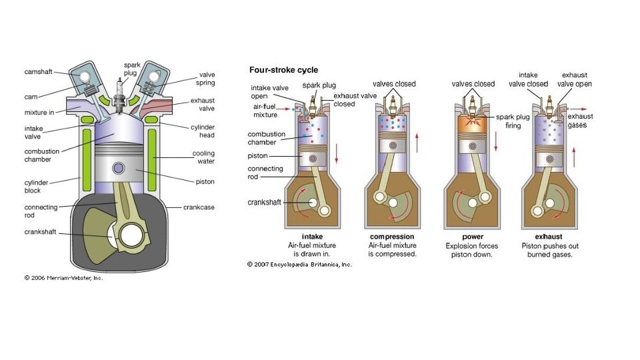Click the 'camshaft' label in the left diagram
(x=39, y=72)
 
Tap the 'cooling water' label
(x=203, y=157)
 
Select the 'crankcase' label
(x=199, y=207)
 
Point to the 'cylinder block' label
(x=38, y=186)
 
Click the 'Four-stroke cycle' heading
(x=283, y=70)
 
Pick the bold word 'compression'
(x=392, y=237)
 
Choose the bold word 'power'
(x=473, y=237)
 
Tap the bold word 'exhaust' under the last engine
(x=550, y=237)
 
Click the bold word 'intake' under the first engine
(x=313, y=237)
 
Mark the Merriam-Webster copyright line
(x=64, y=278)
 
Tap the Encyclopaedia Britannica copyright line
(x=299, y=264)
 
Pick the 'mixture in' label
(x=41, y=113)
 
